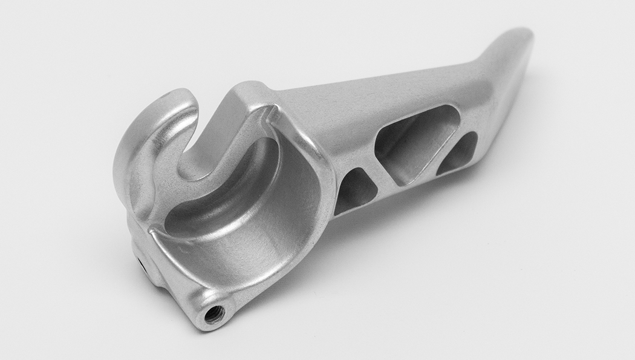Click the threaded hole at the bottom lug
coord(214,313)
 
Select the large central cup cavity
coord(242,212)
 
